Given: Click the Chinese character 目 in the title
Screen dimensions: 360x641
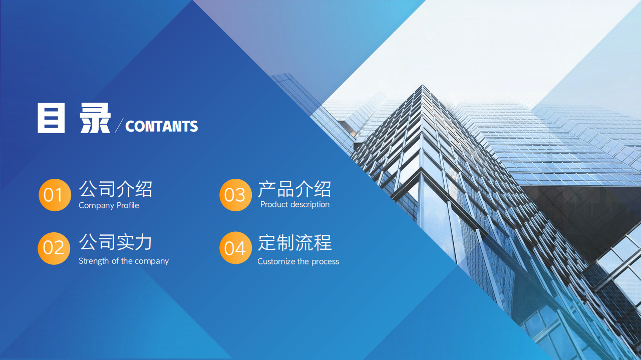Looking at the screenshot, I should pos(51,119).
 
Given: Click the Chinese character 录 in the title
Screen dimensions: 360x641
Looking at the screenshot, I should pos(95,119).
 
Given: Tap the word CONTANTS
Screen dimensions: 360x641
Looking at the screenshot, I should pos(161,126).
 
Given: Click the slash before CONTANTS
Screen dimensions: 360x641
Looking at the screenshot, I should pos(119,126).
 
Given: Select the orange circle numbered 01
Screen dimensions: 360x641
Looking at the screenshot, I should pos(54,195).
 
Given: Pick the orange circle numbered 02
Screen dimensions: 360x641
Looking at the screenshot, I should pos(54,248).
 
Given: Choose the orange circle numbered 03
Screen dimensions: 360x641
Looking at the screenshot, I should pos(235,195).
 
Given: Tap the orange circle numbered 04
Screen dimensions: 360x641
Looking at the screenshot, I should pos(235,248).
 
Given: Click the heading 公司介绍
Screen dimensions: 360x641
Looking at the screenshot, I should pos(115,189).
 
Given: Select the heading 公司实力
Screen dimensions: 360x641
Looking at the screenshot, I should pos(115,242).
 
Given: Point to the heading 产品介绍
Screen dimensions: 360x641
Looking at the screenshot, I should pos(294,189).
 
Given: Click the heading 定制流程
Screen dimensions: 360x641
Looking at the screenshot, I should pos(294,243).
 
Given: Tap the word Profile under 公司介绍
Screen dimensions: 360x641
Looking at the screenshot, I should pos(128,205).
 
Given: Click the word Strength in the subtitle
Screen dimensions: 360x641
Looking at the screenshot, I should pos(94,261).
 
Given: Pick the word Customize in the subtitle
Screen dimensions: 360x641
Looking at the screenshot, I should pos(276,261).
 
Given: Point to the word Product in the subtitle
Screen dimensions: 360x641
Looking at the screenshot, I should pos(274,204).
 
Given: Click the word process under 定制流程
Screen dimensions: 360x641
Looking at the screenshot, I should pos(325,262).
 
